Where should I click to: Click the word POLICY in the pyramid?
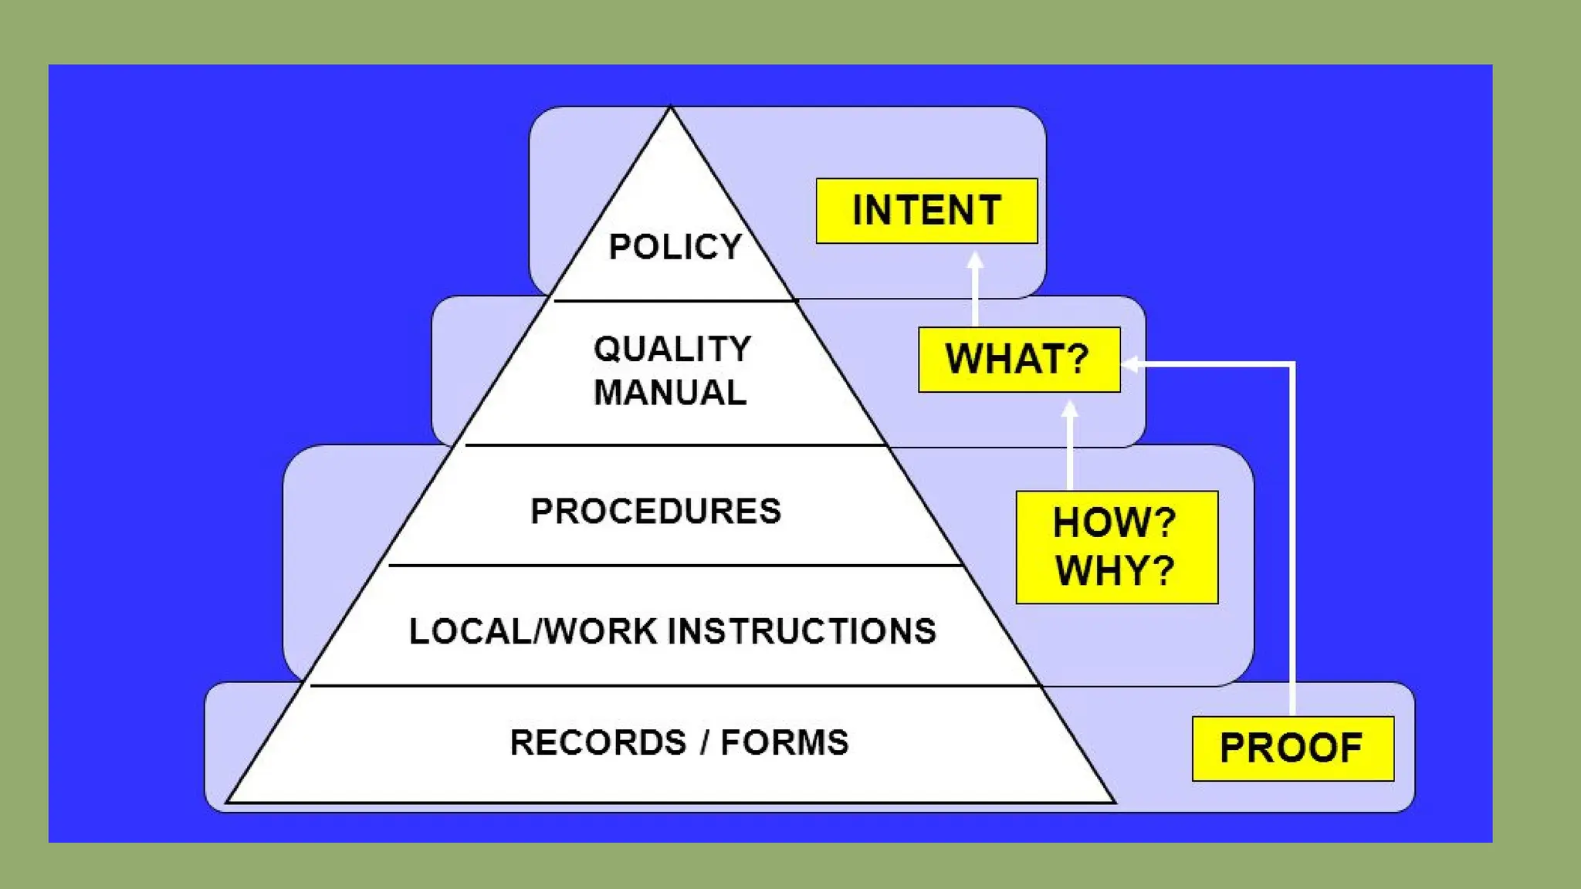coord(675,247)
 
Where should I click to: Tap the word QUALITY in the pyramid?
coord(672,350)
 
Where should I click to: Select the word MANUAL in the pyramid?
coord(670,393)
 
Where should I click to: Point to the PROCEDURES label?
coord(655,512)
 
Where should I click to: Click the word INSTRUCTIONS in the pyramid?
coord(801,631)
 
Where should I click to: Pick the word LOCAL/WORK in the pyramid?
coord(533,631)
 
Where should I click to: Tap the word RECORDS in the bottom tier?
coord(598,742)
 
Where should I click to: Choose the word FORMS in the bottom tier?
coord(784,742)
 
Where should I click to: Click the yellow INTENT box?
coord(926,211)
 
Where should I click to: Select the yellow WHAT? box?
coord(1019,360)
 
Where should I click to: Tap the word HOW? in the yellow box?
coord(1114,522)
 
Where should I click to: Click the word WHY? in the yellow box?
coord(1114,571)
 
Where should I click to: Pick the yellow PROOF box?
coord(1292,749)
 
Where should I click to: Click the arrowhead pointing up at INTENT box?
coord(976,260)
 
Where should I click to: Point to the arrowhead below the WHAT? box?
coord(1070,409)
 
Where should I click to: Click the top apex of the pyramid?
coord(670,108)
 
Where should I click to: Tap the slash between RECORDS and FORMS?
coord(704,742)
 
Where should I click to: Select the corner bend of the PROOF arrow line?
coord(1292,364)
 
